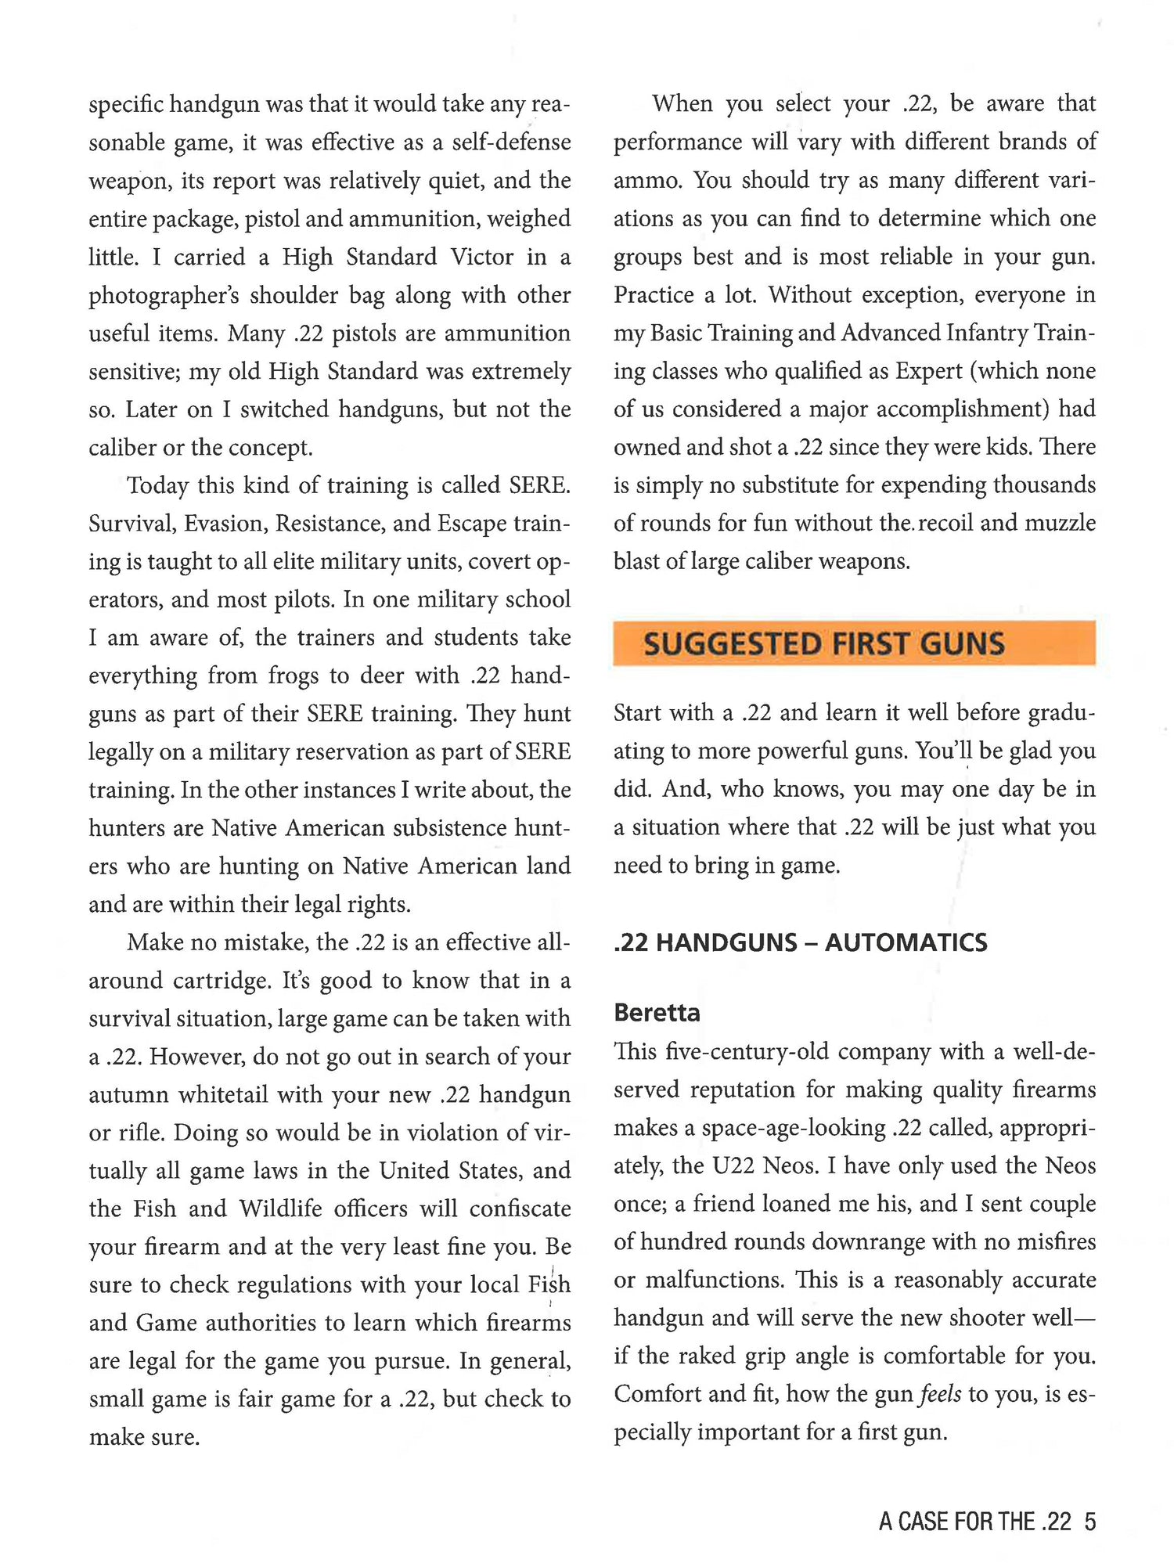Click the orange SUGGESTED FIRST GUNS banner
coord(854,643)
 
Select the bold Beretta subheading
coord(657,1013)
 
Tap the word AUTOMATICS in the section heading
coord(906,942)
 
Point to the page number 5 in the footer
coord(1089,1522)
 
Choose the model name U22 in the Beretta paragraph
coord(733,1166)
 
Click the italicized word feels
coord(940,1394)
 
